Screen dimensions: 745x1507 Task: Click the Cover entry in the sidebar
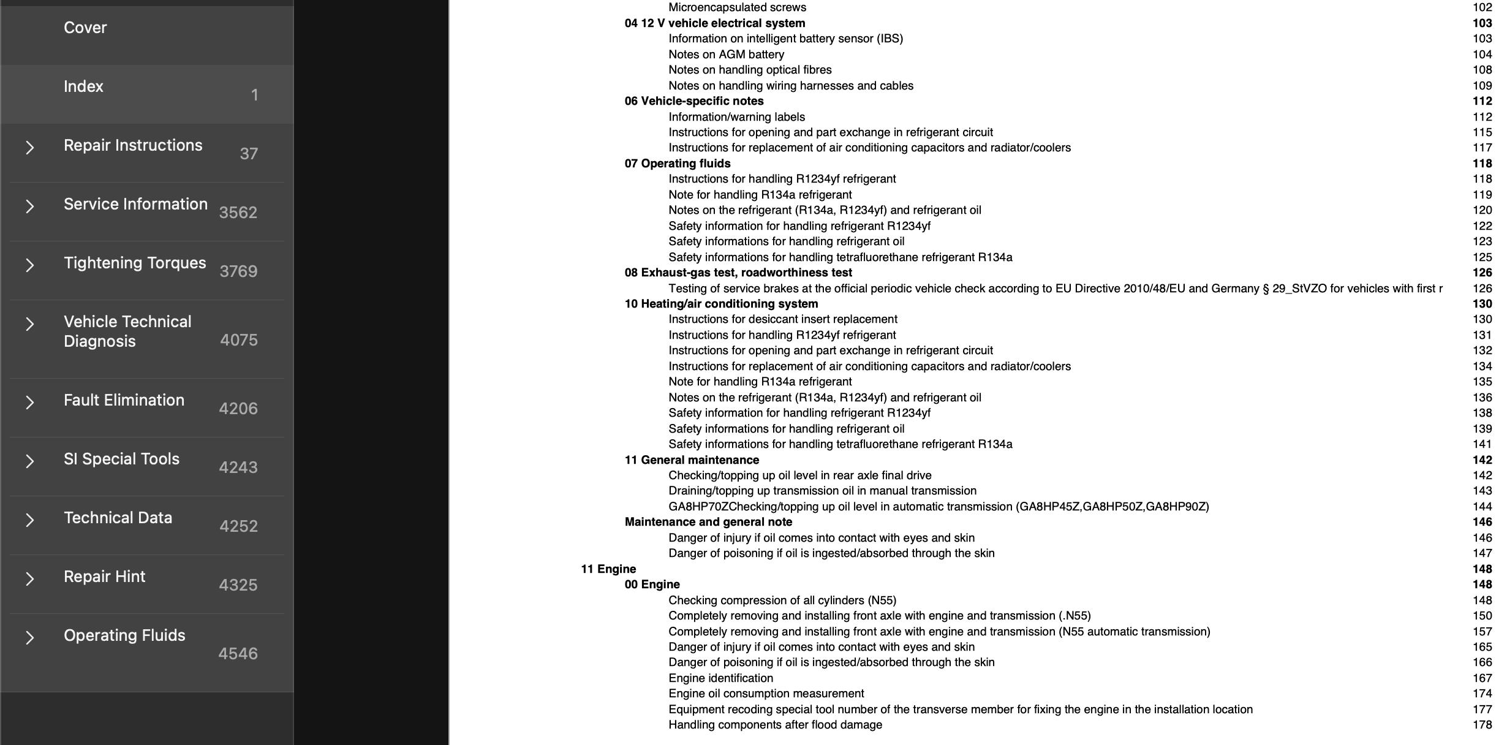point(85,28)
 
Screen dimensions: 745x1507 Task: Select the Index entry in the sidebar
point(83,87)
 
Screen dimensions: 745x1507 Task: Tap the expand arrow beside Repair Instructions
point(29,148)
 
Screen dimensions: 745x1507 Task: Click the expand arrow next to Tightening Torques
point(29,265)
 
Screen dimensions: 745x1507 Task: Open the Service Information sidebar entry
point(135,205)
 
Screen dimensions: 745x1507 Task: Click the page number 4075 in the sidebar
point(238,340)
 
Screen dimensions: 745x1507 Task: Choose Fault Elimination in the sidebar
point(124,401)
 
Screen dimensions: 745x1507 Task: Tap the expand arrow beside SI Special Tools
point(29,461)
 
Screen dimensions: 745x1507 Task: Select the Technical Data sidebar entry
point(118,518)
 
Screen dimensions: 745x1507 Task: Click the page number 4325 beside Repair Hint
point(238,585)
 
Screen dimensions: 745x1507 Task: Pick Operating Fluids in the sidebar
point(124,636)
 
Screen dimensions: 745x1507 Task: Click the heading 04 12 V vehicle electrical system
point(714,23)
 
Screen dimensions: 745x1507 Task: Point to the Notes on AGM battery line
point(726,55)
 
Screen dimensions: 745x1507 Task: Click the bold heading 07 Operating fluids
point(677,164)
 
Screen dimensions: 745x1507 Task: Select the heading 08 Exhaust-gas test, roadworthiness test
point(738,273)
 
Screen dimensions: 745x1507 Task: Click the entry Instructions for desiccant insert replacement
point(782,319)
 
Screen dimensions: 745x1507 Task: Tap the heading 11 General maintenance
point(691,460)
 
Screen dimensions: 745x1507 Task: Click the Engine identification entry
point(720,678)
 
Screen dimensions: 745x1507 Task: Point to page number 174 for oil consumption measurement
point(1482,694)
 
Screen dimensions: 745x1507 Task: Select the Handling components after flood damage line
point(775,725)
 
